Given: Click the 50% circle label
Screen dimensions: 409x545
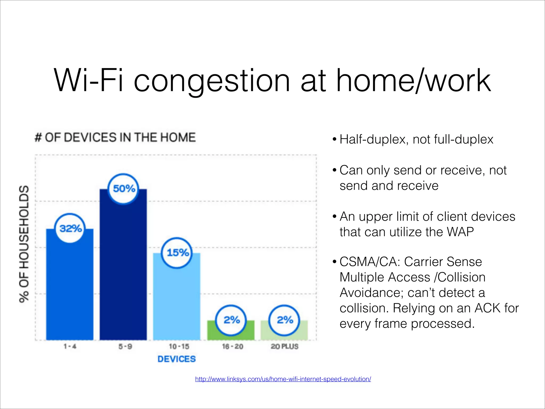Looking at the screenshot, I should [123, 189].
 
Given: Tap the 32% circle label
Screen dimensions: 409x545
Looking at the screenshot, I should [70, 228].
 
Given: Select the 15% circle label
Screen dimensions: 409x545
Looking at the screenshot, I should [177, 253].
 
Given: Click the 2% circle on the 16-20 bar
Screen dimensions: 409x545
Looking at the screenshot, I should [231, 320].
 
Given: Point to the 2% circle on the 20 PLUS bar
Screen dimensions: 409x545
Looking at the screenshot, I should [284, 320].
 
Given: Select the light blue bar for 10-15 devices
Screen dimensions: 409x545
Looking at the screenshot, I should [177, 304].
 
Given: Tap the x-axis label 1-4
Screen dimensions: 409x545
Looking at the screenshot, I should [70, 346].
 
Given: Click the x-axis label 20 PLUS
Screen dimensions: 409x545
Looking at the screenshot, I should [284, 346].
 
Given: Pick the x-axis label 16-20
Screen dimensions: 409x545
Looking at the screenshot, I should [233, 346].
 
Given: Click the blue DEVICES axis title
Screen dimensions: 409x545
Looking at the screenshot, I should [177, 359].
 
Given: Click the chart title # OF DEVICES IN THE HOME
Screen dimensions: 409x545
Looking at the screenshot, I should [115, 138].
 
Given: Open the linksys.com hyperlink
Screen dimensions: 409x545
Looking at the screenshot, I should [283, 379].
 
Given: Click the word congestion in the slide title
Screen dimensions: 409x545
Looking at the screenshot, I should [212, 81].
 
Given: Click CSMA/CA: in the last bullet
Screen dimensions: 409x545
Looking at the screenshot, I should [370, 262].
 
